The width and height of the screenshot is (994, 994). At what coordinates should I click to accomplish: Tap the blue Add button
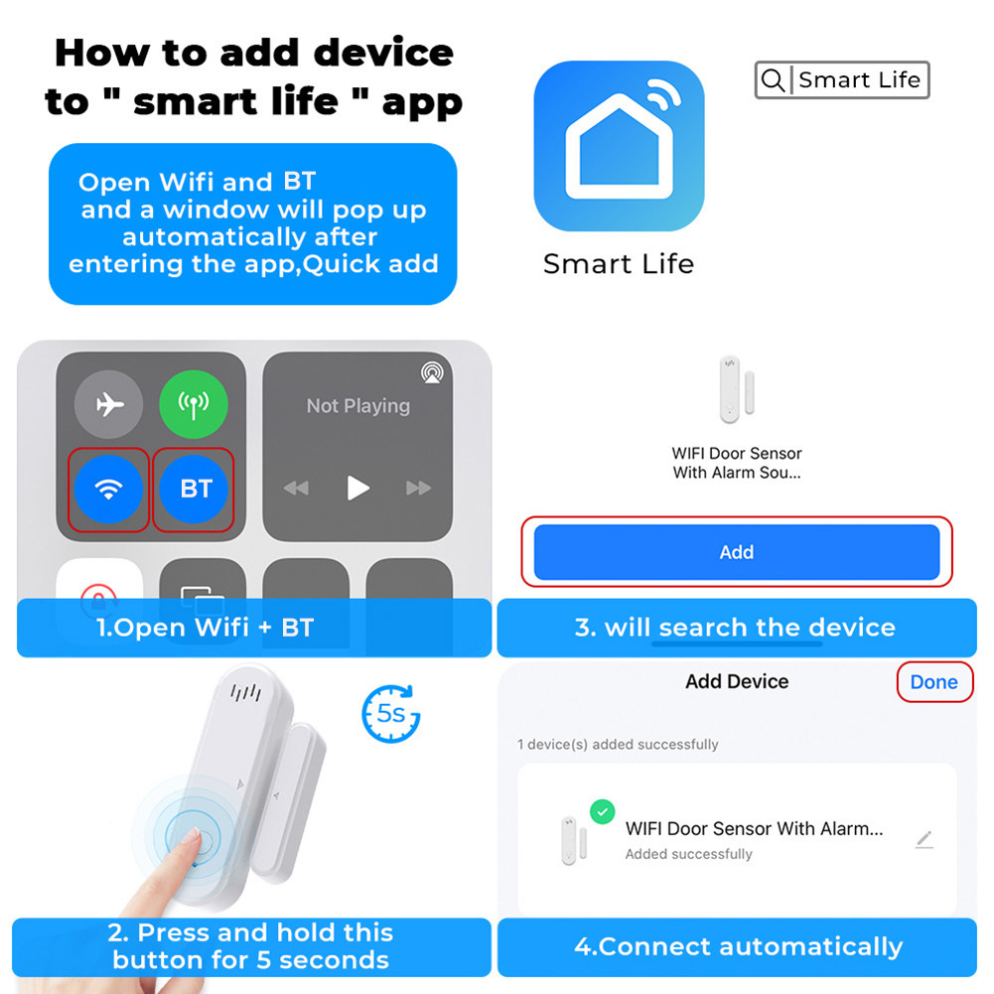tap(736, 552)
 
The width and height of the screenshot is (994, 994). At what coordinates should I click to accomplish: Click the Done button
tap(933, 682)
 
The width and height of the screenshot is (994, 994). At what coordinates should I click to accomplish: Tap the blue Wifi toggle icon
tap(108, 489)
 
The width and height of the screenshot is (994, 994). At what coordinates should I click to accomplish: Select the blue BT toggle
tap(195, 489)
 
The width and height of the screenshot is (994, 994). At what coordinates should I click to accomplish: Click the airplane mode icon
tap(108, 404)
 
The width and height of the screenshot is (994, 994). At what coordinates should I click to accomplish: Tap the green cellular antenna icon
tap(194, 404)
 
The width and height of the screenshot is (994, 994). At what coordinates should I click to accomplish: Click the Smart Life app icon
tap(619, 146)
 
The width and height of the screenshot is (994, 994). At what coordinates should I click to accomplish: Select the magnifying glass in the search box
tap(773, 80)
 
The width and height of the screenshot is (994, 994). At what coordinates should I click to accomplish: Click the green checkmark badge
tap(602, 812)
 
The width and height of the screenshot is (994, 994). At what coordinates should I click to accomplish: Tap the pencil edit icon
tap(924, 840)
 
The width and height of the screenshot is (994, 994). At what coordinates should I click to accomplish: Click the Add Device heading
tap(737, 682)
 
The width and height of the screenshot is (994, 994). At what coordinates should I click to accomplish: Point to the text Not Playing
tap(357, 406)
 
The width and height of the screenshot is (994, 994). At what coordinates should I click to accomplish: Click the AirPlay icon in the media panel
tap(432, 372)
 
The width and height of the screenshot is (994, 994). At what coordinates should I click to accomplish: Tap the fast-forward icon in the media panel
tap(419, 489)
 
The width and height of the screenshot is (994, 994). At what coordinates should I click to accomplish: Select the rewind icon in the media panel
tap(296, 489)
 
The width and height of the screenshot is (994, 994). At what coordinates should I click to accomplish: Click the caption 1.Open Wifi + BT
tap(205, 628)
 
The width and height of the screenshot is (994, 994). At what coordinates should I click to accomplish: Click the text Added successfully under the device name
tap(688, 854)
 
